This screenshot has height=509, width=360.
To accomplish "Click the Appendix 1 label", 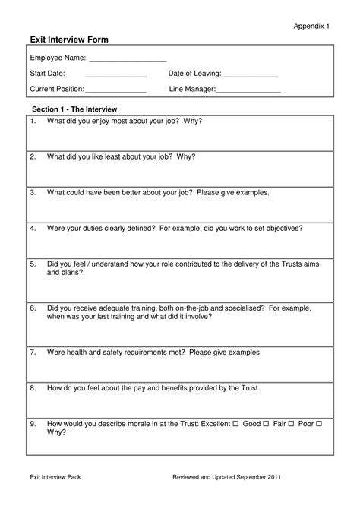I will (x=311, y=26).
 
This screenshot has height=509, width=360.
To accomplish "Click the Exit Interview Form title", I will (x=69, y=39).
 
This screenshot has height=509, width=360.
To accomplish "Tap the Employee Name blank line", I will (x=128, y=60).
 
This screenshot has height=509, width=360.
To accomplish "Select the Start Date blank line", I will (x=115, y=75).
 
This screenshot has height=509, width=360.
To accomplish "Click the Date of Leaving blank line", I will (x=250, y=75).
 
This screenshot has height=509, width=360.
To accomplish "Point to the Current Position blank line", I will (x=115, y=91).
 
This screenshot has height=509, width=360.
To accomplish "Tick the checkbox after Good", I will (x=266, y=423).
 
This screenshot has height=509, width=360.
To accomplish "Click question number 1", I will (x=33, y=121).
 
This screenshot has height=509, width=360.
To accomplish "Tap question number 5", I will (x=33, y=264).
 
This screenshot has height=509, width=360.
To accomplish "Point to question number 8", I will (x=33, y=387).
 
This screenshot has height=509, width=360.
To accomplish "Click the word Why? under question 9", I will (x=56, y=432).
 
